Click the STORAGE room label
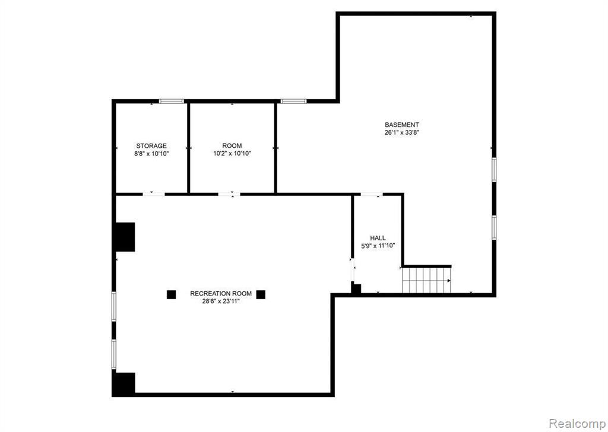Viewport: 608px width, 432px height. [x=151, y=146]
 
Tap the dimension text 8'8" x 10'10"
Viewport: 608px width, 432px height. [x=151, y=154]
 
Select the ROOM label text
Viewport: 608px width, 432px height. [x=232, y=145]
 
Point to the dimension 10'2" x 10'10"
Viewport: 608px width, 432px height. [x=232, y=154]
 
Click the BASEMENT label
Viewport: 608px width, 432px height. [x=402, y=125]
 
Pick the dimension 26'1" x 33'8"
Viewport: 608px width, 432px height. [x=402, y=132]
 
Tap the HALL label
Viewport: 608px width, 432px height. [x=378, y=238]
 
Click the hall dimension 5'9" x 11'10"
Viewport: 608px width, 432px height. [x=378, y=246]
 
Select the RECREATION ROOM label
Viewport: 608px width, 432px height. [x=221, y=294]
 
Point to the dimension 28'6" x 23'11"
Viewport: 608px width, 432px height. [x=221, y=301]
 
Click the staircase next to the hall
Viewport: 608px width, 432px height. [x=426, y=280]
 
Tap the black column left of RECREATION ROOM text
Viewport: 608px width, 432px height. [x=172, y=294]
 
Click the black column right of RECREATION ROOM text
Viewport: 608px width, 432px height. [x=261, y=294]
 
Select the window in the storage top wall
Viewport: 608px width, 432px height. [x=171, y=101]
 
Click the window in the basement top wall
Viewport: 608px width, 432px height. [x=293, y=101]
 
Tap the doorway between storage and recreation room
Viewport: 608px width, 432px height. [x=154, y=193]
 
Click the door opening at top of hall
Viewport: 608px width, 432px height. [x=372, y=193]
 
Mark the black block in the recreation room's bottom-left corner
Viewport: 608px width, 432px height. [x=123, y=385]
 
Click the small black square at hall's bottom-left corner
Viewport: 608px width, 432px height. [x=356, y=288]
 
